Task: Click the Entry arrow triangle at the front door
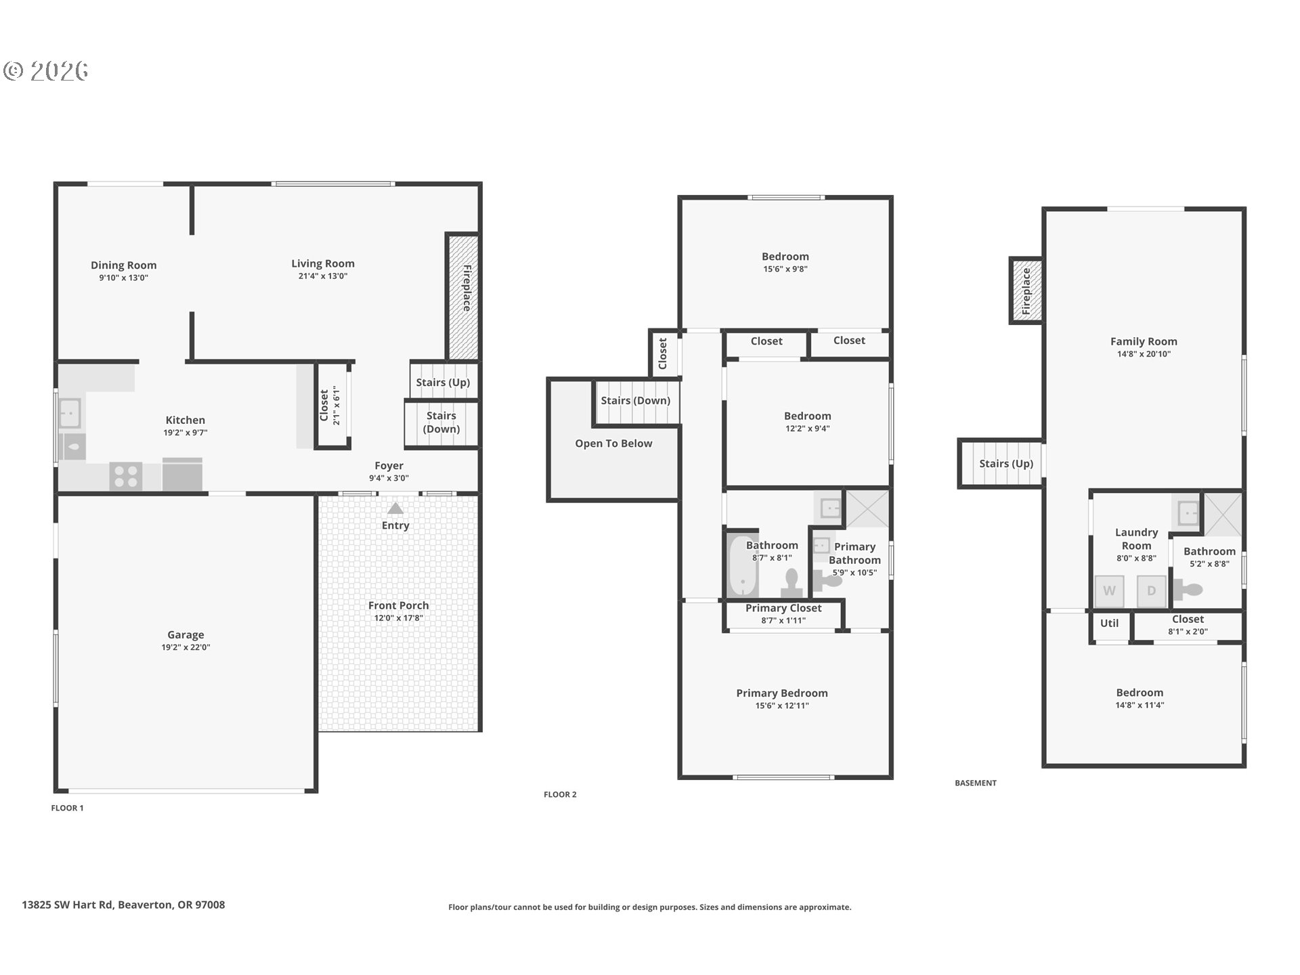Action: tap(395, 508)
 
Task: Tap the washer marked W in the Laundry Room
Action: tap(1109, 591)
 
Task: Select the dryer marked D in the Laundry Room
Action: tap(1151, 591)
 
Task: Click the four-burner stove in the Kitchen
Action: tap(126, 475)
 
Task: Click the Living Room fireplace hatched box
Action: tap(463, 297)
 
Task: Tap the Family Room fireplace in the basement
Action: tap(1026, 290)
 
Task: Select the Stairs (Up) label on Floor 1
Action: tap(443, 383)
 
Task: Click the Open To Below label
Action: tap(613, 443)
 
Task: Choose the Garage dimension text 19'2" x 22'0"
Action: tap(186, 647)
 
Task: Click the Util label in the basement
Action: tap(1109, 624)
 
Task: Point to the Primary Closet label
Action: tap(783, 608)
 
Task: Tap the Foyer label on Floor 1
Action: tap(389, 466)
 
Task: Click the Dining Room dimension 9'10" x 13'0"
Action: tap(123, 278)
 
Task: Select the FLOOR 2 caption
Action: tap(560, 794)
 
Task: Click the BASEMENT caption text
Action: tap(976, 783)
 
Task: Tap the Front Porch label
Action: tap(398, 606)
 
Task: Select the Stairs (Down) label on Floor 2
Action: tap(636, 401)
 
